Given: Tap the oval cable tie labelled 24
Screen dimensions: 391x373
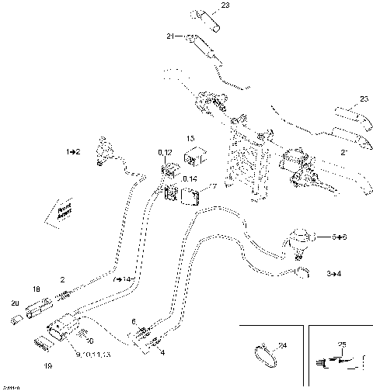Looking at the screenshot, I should click(x=264, y=356).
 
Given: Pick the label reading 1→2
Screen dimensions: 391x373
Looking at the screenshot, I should click(x=75, y=153).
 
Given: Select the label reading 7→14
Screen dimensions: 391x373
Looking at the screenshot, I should click(x=124, y=277).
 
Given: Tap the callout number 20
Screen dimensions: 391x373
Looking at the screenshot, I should click(x=15, y=303).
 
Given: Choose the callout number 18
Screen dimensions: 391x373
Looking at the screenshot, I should click(x=35, y=289).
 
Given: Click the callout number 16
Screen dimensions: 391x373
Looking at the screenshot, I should click(x=89, y=340).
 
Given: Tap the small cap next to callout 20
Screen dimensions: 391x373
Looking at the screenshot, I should click(x=16, y=319).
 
